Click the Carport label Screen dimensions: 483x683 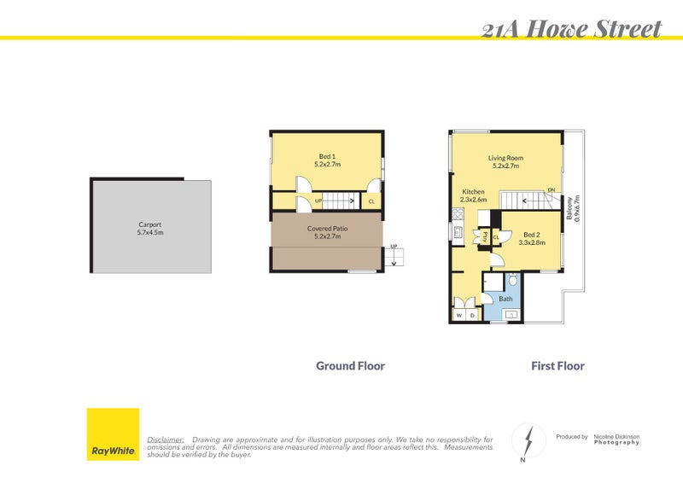[x=150, y=228]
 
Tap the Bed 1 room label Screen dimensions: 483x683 [x=327, y=160]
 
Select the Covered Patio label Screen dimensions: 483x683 [x=327, y=232]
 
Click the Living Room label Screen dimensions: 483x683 [x=505, y=162]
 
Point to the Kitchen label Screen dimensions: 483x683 [x=473, y=195]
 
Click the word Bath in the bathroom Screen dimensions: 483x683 [x=505, y=299]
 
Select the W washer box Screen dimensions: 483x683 [x=458, y=316]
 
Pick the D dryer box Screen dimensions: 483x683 [x=472, y=316]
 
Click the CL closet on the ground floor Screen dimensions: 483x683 [x=371, y=202]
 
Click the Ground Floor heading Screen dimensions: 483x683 [x=350, y=366]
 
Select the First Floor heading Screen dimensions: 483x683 [x=557, y=366]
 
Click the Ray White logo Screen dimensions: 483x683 [x=113, y=434]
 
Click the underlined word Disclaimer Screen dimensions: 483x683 [x=166, y=439]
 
